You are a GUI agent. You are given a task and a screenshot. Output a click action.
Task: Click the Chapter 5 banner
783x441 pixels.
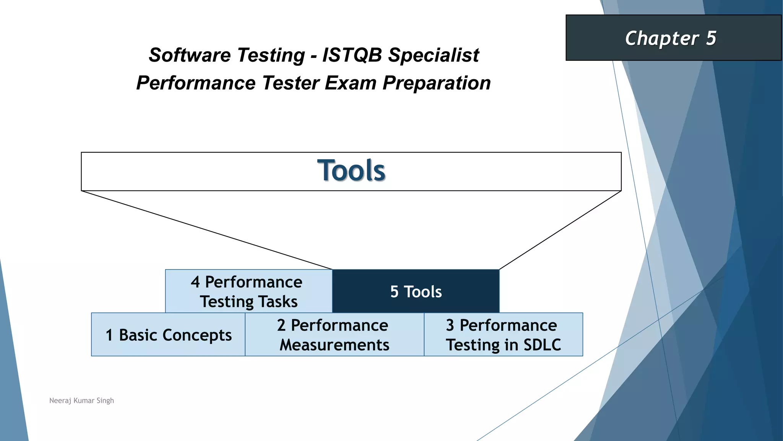coord(673,38)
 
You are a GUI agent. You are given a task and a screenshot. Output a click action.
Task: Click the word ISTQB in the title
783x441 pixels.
coord(352,55)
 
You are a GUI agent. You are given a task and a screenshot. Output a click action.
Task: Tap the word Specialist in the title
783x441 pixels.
coord(434,55)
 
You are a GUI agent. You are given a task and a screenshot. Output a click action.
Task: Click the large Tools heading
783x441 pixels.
coord(351,170)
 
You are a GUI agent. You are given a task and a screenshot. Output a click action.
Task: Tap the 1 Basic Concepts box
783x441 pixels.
coord(168,335)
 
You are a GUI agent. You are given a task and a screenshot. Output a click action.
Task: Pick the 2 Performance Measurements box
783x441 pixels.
coord(334,335)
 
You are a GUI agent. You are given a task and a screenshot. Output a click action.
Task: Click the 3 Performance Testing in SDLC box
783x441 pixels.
coord(503,335)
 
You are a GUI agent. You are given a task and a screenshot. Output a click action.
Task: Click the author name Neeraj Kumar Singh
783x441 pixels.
coord(81,400)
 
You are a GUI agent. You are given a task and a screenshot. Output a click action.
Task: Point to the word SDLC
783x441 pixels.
coord(542,345)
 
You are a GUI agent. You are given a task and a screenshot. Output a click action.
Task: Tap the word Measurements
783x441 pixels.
coord(334,345)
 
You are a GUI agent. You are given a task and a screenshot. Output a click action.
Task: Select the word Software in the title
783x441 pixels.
coord(189,55)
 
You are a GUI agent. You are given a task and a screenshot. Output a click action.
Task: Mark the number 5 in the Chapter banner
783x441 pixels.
coord(711,38)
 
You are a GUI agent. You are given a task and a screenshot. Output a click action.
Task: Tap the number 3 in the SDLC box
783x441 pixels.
coord(450,325)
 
